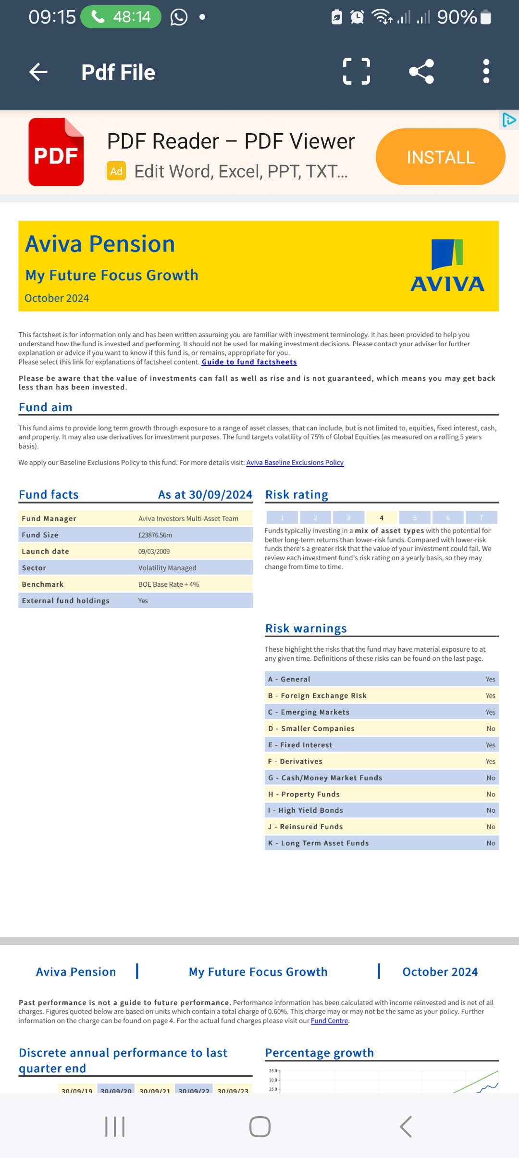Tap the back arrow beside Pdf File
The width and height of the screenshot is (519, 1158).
pyautogui.click(x=38, y=72)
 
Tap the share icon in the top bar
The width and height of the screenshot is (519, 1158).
pyautogui.click(x=421, y=72)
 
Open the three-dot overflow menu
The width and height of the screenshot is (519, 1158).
pyautogui.click(x=486, y=72)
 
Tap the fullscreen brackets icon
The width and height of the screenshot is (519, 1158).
pyautogui.click(x=357, y=72)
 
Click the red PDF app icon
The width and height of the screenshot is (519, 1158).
pyautogui.click(x=56, y=152)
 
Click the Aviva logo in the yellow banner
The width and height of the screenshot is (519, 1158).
pyautogui.click(x=447, y=266)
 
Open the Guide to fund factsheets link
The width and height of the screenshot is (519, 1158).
pyautogui.click(x=249, y=362)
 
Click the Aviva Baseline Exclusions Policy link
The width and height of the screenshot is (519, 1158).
pyautogui.click(x=295, y=463)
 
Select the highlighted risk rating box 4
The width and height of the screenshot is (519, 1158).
pyautogui.click(x=382, y=517)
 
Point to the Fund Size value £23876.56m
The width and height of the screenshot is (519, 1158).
pyautogui.click(x=155, y=535)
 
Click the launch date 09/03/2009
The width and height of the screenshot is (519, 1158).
pyautogui.click(x=154, y=552)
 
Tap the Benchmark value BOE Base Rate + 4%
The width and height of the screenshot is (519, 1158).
pyautogui.click(x=169, y=584)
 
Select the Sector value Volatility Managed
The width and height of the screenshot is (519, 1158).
pyautogui.click(x=167, y=568)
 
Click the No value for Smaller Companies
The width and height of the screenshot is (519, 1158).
pyautogui.click(x=491, y=729)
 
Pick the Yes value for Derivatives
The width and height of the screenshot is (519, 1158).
pyautogui.click(x=490, y=761)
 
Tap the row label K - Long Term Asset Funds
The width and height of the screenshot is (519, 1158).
pyautogui.click(x=319, y=843)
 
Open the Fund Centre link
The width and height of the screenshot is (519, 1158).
pyautogui.click(x=329, y=1020)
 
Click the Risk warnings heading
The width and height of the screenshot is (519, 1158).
pyautogui.click(x=306, y=629)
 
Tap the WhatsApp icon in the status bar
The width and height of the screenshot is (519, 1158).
pyautogui.click(x=179, y=17)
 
